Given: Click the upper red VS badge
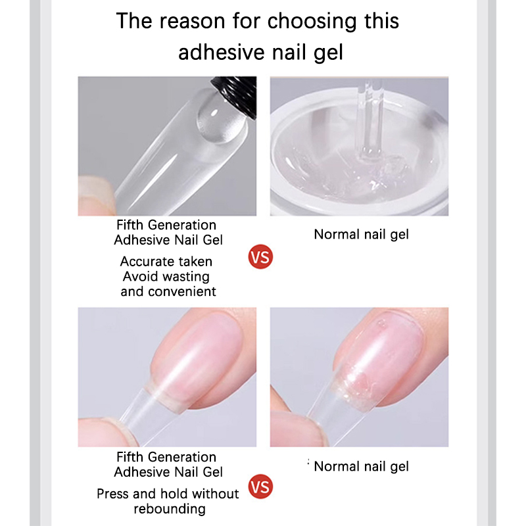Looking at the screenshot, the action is click(x=260, y=257).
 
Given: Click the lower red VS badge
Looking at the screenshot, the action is click(x=260, y=487).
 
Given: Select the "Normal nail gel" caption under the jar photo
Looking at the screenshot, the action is click(x=361, y=235).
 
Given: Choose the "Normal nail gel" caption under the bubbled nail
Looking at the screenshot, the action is click(x=361, y=467).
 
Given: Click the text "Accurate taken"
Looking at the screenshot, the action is click(x=166, y=261).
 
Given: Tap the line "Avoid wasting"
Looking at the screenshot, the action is click(x=166, y=277).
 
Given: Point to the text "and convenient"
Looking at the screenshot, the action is click(x=168, y=291).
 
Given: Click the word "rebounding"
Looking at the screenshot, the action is click(x=170, y=509).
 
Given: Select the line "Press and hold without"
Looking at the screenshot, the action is click(x=168, y=494).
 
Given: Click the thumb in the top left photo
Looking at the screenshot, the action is click(x=95, y=196).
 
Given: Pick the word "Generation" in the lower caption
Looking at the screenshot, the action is click(x=182, y=457).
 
